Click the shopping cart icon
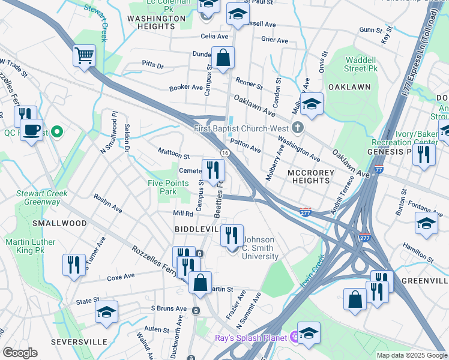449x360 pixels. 85,56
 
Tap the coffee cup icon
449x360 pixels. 31,130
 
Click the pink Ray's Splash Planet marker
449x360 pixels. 294,338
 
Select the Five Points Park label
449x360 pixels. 163,187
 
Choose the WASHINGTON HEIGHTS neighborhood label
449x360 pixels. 157,23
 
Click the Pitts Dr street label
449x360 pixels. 152,64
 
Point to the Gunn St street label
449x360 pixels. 370,30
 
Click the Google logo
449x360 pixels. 20,353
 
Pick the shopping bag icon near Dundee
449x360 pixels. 223,59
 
